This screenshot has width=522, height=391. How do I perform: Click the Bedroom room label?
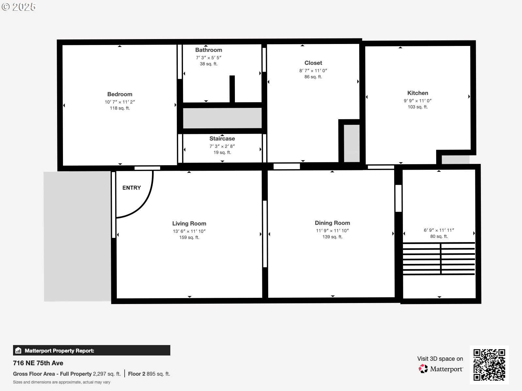(x=120, y=94)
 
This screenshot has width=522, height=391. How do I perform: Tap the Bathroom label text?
(x=208, y=50)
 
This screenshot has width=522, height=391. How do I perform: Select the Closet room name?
(x=313, y=63)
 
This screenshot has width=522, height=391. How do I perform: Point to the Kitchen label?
(x=418, y=93)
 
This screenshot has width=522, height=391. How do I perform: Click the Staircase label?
(x=222, y=138)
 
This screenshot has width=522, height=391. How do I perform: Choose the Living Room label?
(x=189, y=224)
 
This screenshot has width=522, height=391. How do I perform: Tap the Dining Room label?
(x=332, y=223)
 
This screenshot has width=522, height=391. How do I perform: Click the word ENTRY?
(x=131, y=188)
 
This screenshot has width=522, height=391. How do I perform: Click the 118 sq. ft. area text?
(x=120, y=108)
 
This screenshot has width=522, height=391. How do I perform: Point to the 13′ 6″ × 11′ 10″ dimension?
(x=189, y=231)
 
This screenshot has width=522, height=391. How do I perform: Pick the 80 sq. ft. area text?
(x=439, y=237)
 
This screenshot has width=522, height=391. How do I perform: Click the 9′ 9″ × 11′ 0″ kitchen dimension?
(x=418, y=101)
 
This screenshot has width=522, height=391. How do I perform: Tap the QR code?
(x=489, y=365)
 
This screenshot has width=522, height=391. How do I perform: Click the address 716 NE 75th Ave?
(x=38, y=363)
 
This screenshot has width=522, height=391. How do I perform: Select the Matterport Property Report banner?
(x=92, y=350)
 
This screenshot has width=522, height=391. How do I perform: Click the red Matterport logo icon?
(x=423, y=369)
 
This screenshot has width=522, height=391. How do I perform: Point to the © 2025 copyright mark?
(x=19, y=7)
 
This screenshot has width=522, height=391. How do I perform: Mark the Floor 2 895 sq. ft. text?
(x=149, y=374)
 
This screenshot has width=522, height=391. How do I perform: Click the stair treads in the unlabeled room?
(x=439, y=258)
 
